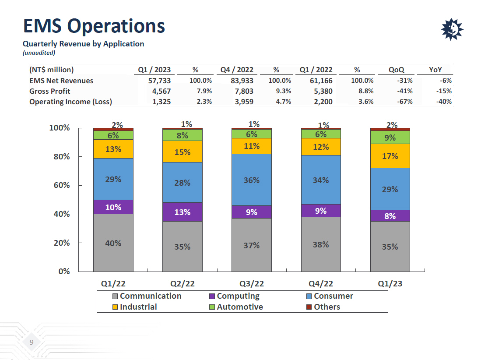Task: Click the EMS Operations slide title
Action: point(94,26)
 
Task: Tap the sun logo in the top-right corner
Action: point(452,30)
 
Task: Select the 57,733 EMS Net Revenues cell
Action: point(154,81)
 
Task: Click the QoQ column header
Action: point(396,70)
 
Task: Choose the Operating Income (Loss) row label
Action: point(70,102)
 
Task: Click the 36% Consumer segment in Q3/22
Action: point(252,180)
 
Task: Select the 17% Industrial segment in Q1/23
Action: point(390,156)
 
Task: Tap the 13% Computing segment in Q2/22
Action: point(183,212)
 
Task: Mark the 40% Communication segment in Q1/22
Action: point(113,243)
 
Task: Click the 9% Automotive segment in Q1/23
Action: point(390,138)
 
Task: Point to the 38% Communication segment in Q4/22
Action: point(321,244)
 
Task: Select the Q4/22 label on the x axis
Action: point(321,283)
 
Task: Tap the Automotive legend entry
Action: point(239,307)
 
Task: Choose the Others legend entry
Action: point(327,307)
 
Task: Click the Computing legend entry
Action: point(238,296)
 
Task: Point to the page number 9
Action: point(31,342)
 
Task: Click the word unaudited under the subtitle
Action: point(39,53)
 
